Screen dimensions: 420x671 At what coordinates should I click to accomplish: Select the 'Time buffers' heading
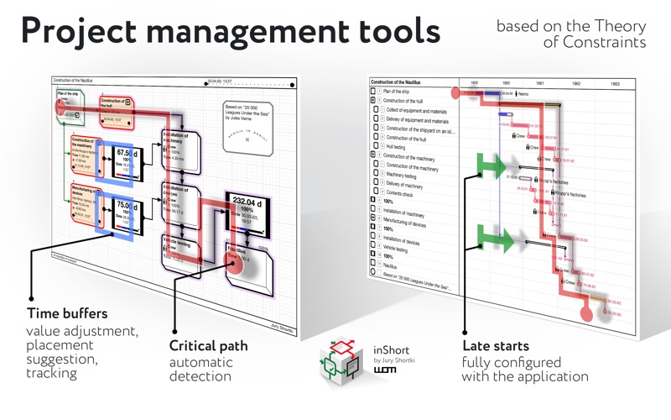[x=66, y=312]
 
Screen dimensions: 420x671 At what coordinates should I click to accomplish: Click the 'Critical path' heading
[x=208, y=345]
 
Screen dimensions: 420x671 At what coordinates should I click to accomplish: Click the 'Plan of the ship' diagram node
[x=68, y=97]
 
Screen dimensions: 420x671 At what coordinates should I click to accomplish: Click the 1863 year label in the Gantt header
[x=615, y=84]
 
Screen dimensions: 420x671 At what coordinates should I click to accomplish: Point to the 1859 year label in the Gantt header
[x=475, y=84]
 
